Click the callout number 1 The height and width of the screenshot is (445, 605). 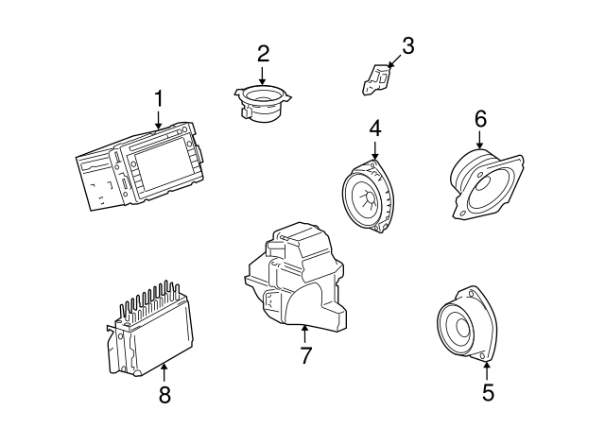(x=159, y=98)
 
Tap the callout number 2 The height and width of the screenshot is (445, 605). (x=263, y=54)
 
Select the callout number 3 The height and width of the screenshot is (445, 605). (x=407, y=45)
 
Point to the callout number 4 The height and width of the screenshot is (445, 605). (x=375, y=128)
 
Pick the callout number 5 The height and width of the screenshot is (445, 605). (x=488, y=392)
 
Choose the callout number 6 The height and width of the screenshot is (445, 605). (x=480, y=119)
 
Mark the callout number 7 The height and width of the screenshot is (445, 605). (x=305, y=355)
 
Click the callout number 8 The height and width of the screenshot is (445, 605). (x=164, y=395)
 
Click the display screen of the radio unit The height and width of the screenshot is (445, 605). (x=163, y=169)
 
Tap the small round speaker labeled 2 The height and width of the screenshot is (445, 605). (x=263, y=102)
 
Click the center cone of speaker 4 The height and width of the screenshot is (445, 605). (x=368, y=197)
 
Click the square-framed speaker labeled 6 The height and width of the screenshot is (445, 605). (x=487, y=184)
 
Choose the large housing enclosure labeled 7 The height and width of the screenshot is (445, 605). (x=294, y=277)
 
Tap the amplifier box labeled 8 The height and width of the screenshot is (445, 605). (x=150, y=329)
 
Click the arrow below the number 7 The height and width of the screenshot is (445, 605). (x=304, y=334)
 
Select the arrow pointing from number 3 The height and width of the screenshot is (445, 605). (x=395, y=61)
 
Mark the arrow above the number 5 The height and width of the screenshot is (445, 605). (x=487, y=370)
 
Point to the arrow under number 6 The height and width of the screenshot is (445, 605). (x=479, y=140)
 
